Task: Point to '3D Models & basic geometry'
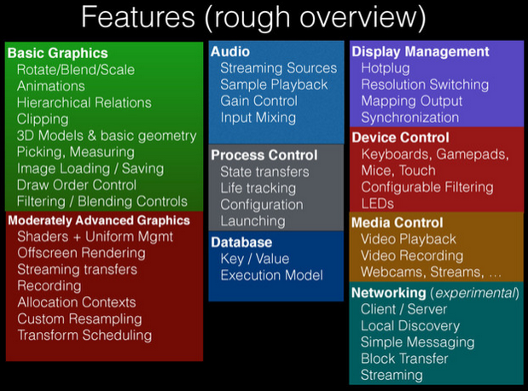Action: [x=107, y=136]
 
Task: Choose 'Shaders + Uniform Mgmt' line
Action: [x=96, y=236]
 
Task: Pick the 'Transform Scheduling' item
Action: [x=84, y=336]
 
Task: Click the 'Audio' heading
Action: [x=230, y=51]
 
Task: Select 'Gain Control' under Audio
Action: [x=259, y=101]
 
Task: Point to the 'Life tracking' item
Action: [x=258, y=188]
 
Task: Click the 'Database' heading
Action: [x=241, y=242]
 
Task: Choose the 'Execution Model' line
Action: [x=271, y=275]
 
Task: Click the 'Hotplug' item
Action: [x=386, y=68]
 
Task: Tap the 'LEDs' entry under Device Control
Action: [x=378, y=203]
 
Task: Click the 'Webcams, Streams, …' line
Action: [x=431, y=271]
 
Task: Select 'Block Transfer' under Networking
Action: [x=405, y=359]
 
